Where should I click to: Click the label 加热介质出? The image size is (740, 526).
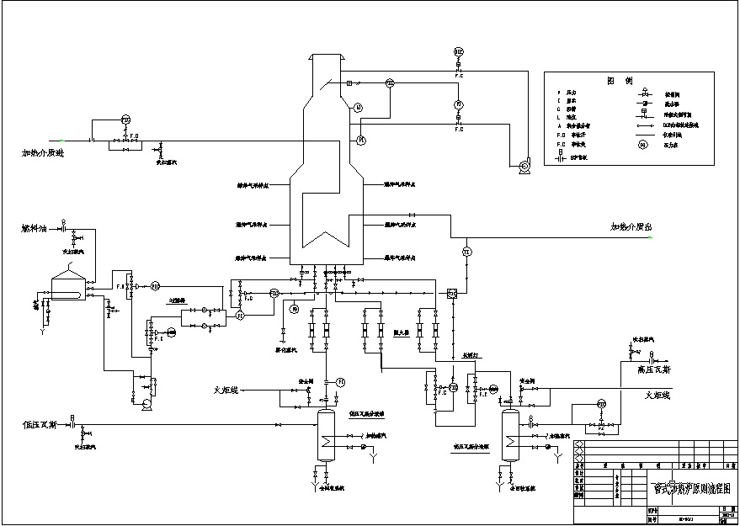tap(631, 227)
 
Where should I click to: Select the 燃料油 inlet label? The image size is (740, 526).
tap(36, 228)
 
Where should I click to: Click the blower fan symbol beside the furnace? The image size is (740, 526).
tap(524, 167)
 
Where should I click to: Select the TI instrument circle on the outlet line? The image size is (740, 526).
tap(466, 251)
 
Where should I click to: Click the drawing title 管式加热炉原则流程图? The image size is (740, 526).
tap(687, 488)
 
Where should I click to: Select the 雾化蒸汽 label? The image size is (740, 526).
tap(290, 348)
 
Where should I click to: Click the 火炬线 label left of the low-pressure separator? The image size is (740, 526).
tap(227, 390)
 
